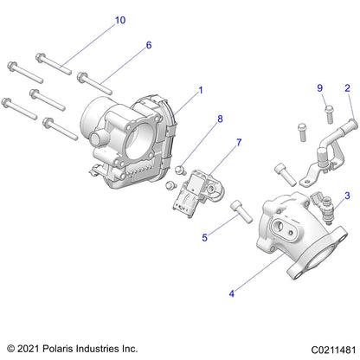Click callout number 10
(119, 20)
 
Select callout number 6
(148, 45)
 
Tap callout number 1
(201, 89)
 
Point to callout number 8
(220, 119)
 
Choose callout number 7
(215, 142)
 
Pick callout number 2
(347, 88)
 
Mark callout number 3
(348, 196)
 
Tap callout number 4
(231, 293)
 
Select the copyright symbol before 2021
(11, 348)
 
